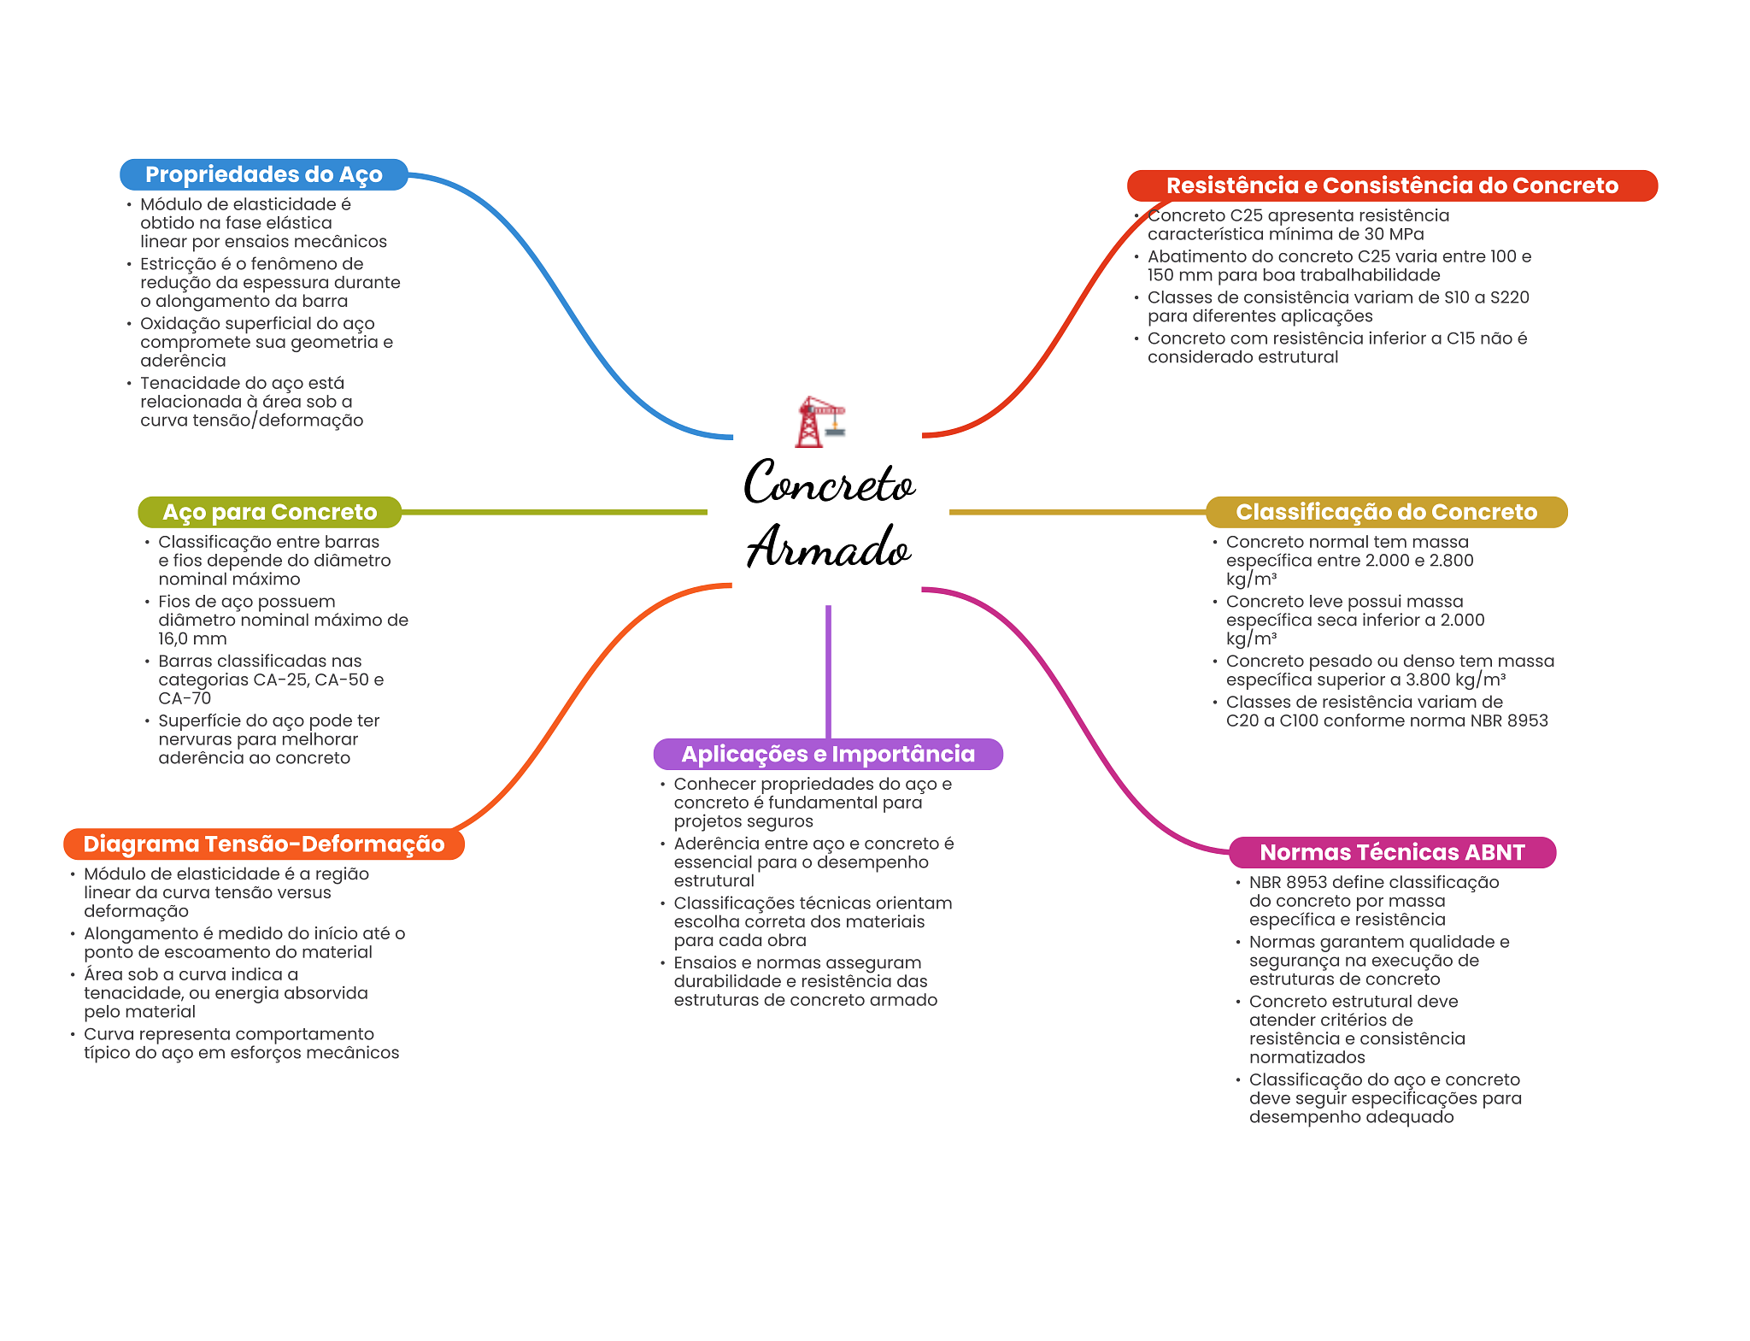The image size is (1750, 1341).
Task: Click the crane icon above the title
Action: click(819, 421)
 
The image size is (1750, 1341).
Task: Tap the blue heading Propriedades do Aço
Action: click(263, 174)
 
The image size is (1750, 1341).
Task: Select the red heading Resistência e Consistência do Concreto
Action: click(1391, 185)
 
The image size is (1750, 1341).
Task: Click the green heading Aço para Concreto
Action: click(269, 512)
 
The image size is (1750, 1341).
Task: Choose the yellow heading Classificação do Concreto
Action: click(1386, 512)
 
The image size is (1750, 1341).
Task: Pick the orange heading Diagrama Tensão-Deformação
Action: click(263, 844)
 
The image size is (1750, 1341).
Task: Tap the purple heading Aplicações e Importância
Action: click(827, 754)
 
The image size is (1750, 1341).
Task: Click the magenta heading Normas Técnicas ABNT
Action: click(1391, 852)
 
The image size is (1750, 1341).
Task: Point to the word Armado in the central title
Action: click(828, 547)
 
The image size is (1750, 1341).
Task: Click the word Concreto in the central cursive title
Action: click(828, 484)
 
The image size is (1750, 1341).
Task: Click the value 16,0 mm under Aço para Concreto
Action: click(192, 638)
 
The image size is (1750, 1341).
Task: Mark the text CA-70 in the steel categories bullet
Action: click(185, 698)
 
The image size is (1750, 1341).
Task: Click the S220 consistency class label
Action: click(1509, 297)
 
